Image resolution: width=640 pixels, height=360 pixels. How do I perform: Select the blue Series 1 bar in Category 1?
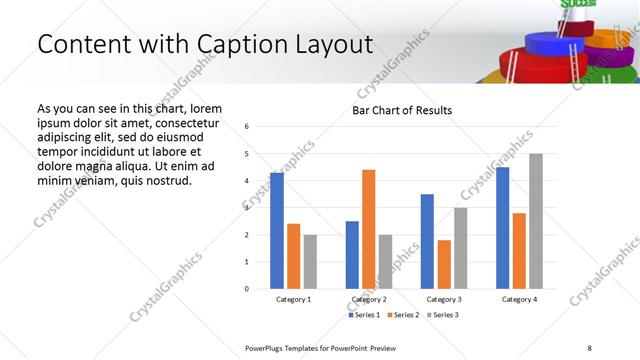point(277,231)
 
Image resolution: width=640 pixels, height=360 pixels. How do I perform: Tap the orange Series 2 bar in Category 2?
point(368,229)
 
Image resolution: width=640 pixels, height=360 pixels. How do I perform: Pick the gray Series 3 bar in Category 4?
point(536,221)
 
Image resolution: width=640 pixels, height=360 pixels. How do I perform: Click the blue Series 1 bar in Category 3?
point(427,241)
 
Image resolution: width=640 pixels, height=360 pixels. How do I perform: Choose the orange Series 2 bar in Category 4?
point(519,251)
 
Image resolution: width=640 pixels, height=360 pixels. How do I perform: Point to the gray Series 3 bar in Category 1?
point(310,262)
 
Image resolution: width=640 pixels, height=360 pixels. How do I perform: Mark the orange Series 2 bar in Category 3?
point(444,264)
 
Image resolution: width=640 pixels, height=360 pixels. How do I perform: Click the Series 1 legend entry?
point(365,315)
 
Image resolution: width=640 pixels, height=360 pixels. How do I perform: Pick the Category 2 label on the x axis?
point(368,299)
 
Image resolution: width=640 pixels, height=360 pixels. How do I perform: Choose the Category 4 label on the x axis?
point(519,299)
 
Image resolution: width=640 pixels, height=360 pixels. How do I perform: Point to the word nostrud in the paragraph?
point(165,180)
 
